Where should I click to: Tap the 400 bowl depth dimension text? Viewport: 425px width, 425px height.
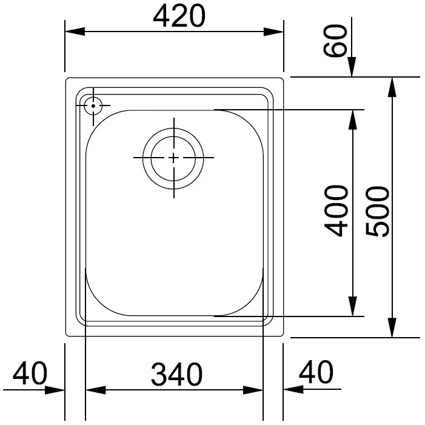336,210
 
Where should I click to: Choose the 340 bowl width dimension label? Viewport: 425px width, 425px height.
176,375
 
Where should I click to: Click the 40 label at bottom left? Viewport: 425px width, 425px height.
30,373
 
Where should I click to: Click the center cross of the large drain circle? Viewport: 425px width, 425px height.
174,158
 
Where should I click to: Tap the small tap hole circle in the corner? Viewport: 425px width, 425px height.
93,105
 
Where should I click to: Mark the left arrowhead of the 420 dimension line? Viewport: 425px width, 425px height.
74,32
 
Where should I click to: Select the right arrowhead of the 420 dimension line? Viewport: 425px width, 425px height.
275,32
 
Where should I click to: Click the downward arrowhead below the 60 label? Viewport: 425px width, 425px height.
352,69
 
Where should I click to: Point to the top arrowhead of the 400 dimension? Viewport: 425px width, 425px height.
352,119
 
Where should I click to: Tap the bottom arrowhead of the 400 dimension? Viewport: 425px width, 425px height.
352,307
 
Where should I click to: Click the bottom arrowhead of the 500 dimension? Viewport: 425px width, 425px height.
393,328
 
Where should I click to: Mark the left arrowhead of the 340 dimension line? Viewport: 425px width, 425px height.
95,390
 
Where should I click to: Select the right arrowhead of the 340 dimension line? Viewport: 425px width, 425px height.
253,390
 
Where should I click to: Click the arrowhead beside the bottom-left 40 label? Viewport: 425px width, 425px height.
56,390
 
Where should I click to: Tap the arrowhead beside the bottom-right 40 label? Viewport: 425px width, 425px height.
293,390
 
